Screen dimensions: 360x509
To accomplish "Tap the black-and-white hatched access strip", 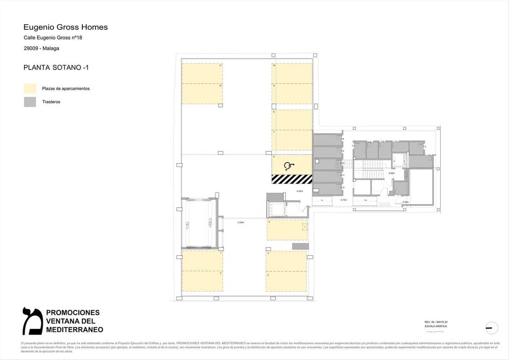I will point(292,179).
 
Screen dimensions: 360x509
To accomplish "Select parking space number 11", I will point(202,73).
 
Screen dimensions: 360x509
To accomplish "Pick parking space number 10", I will point(292,73).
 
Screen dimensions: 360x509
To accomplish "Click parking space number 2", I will point(202,281).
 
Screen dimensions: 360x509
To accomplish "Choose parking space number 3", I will point(286,281).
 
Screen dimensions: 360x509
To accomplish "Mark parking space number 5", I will point(286,230).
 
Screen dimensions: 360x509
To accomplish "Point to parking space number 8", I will point(292,120).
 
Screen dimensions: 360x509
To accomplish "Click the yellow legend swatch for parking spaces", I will point(30,88).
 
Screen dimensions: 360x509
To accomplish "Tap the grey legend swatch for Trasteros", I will point(30,102).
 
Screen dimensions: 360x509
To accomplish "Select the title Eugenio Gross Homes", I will point(66,27).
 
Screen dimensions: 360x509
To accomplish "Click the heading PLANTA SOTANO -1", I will point(56,67).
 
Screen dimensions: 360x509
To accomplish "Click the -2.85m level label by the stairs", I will point(392,173).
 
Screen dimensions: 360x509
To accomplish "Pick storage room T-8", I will point(327,140).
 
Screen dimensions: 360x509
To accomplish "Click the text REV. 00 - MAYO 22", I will point(436,322).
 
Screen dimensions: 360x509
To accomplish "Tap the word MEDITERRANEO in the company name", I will point(74,329).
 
